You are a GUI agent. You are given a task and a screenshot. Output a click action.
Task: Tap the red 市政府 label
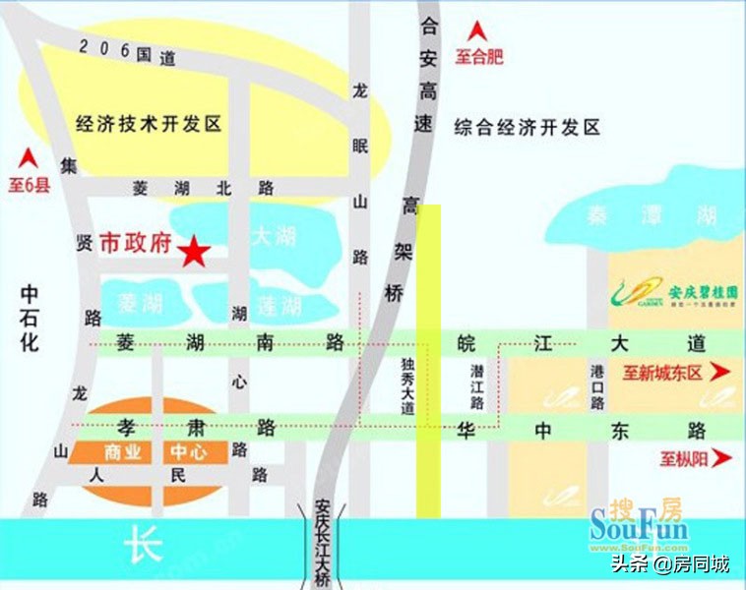tap(137, 245)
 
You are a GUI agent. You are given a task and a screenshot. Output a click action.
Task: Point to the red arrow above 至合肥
tap(479, 31)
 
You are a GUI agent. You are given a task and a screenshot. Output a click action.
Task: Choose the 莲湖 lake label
tap(279, 306)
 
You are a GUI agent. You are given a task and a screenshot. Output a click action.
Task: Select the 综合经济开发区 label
tap(527, 127)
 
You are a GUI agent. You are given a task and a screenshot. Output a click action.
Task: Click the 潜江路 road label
tap(477, 384)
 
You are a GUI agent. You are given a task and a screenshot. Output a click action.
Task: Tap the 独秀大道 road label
tap(407, 386)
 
